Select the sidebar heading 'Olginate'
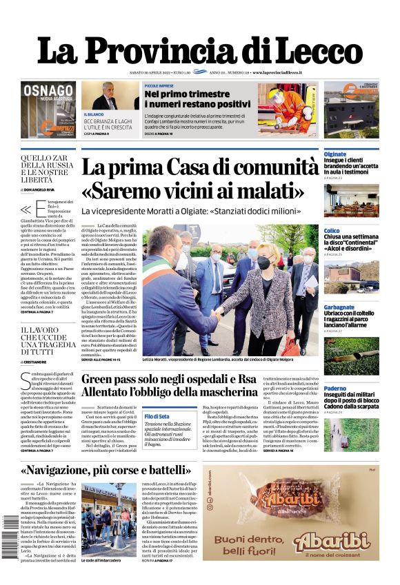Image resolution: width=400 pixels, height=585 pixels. pyautogui.click(x=336, y=154)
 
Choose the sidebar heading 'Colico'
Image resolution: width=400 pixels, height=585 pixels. pyautogui.click(x=332, y=231)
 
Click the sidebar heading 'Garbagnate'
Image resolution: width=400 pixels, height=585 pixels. pyautogui.click(x=339, y=307)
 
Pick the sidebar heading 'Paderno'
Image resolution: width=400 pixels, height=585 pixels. pyautogui.click(x=335, y=388)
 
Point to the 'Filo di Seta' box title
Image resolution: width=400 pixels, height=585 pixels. pyautogui.click(x=157, y=417)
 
